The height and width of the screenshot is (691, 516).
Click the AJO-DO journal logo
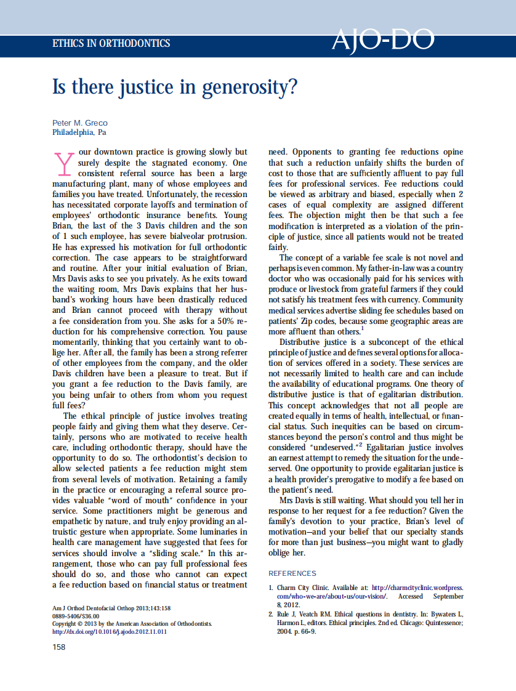[382, 41]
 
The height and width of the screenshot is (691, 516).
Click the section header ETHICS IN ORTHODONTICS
[111, 44]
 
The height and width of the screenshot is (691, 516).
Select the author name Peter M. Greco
[80, 123]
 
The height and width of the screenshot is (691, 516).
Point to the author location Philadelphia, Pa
[79, 132]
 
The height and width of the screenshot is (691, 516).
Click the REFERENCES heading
[292, 573]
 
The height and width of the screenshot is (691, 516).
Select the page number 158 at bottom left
[60, 647]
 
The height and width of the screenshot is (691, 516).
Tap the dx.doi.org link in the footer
[110, 631]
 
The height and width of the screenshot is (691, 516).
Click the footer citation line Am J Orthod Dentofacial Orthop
[111, 608]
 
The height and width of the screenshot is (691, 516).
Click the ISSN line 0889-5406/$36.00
[76, 616]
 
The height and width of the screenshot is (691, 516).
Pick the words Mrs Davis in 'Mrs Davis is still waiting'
[297, 500]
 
